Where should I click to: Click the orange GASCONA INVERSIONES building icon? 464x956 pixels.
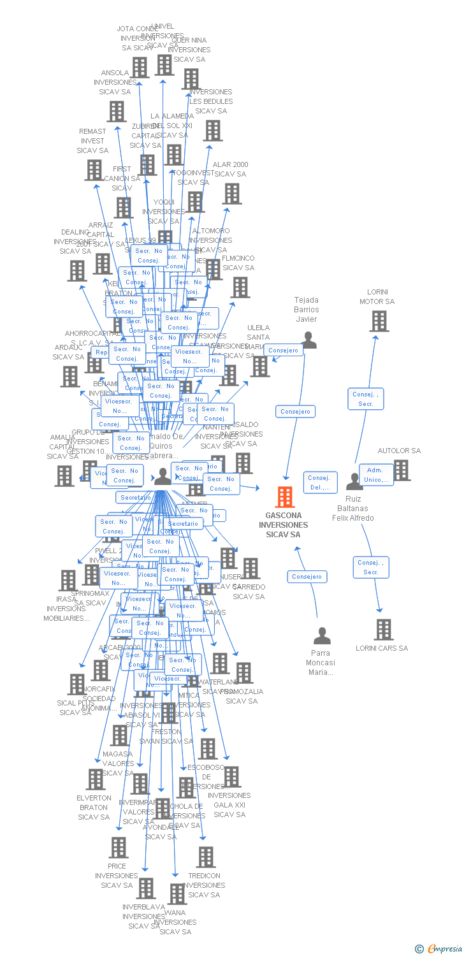pyautogui.click(x=285, y=496)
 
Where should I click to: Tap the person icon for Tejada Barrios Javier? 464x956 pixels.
pyautogui.click(x=308, y=340)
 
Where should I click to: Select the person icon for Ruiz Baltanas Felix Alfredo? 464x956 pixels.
pyautogui.click(x=354, y=481)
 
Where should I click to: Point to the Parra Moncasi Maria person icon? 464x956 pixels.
pyautogui.click(x=323, y=635)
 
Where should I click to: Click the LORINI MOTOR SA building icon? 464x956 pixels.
pyautogui.click(x=379, y=321)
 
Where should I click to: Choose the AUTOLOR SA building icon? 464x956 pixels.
pyautogui.click(x=402, y=470)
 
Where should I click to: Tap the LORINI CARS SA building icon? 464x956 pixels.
pyautogui.click(x=383, y=630)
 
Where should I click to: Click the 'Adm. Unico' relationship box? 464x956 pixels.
pyautogui.click(x=376, y=475)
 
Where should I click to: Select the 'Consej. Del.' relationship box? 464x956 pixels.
pyautogui.click(x=319, y=482)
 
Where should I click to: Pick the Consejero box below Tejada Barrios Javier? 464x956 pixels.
pyautogui.click(x=296, y=412)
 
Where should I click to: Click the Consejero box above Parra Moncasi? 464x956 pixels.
pyautogui.click(x=307, y=577)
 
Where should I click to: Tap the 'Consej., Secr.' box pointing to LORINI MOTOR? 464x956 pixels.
pyautogui.click(x=366, y=399)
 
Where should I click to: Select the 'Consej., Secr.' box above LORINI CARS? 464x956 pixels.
pyautogui.click(x=371, y=567)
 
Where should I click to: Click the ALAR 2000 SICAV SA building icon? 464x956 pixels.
pyautogui.click(x=232, y=194)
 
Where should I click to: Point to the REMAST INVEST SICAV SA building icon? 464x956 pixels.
pyautogui.click(x=94, y=170)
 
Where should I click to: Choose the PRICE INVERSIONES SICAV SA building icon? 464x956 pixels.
pyautogui.click(x=119, y=848)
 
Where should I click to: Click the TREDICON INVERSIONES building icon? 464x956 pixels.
pyautogui.click(x=206, y=857)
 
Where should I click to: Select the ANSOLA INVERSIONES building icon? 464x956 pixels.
pyautogui.click(x=117, y=112)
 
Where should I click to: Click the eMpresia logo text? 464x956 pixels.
pyautogui.click(x=444, y=949)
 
